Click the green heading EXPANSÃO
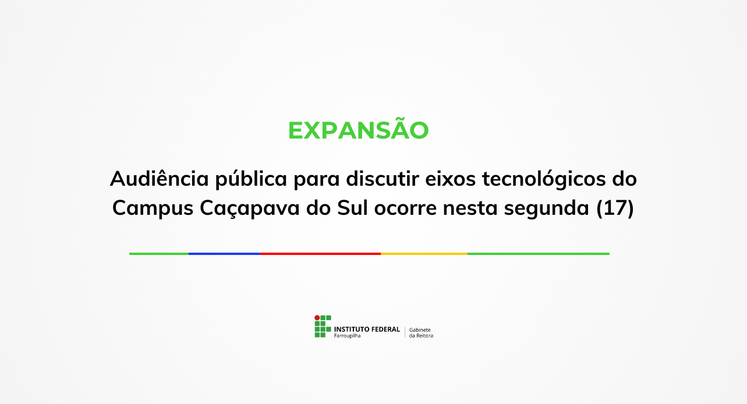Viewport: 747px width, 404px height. pyautogui.click(x=358, y=130)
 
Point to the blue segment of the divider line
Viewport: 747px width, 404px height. pyautogui.click(x=224, y=254)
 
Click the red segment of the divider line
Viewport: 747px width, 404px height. pyautogui.click(x=320, y=254)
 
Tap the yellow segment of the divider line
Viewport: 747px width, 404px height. pyautogui.click(x=424, y=254)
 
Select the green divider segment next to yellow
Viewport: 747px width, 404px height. pyautogui.click(x=538, y=254)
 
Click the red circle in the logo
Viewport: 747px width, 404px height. pyautogui.click(x=317, y=318)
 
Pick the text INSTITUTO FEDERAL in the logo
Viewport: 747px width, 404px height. pyautogui.click(x=367, y=329)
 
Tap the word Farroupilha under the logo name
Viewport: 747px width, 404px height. pyautogui.click(x=347, y=336)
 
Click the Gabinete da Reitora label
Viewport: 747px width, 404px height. pyautogui.click(x=421, y=332)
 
